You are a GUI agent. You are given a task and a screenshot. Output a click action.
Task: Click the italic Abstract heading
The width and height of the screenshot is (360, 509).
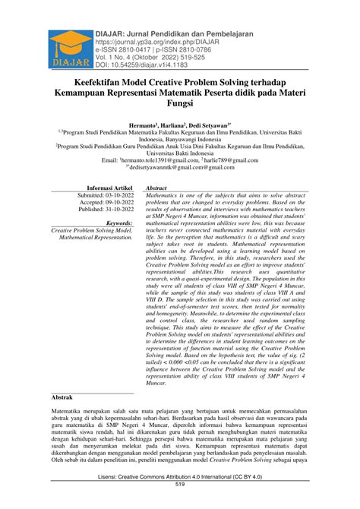(156, 186)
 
